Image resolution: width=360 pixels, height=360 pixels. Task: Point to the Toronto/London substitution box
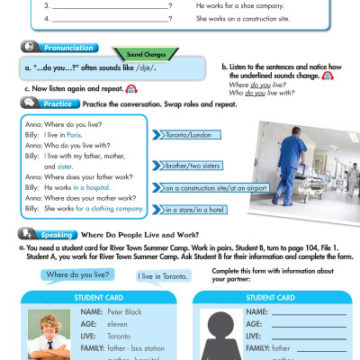(x=191, y=134)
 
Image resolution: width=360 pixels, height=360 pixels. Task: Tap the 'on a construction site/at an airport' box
(x=216, y=188)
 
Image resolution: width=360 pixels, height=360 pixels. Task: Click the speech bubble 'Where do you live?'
(x=77, y=274)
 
